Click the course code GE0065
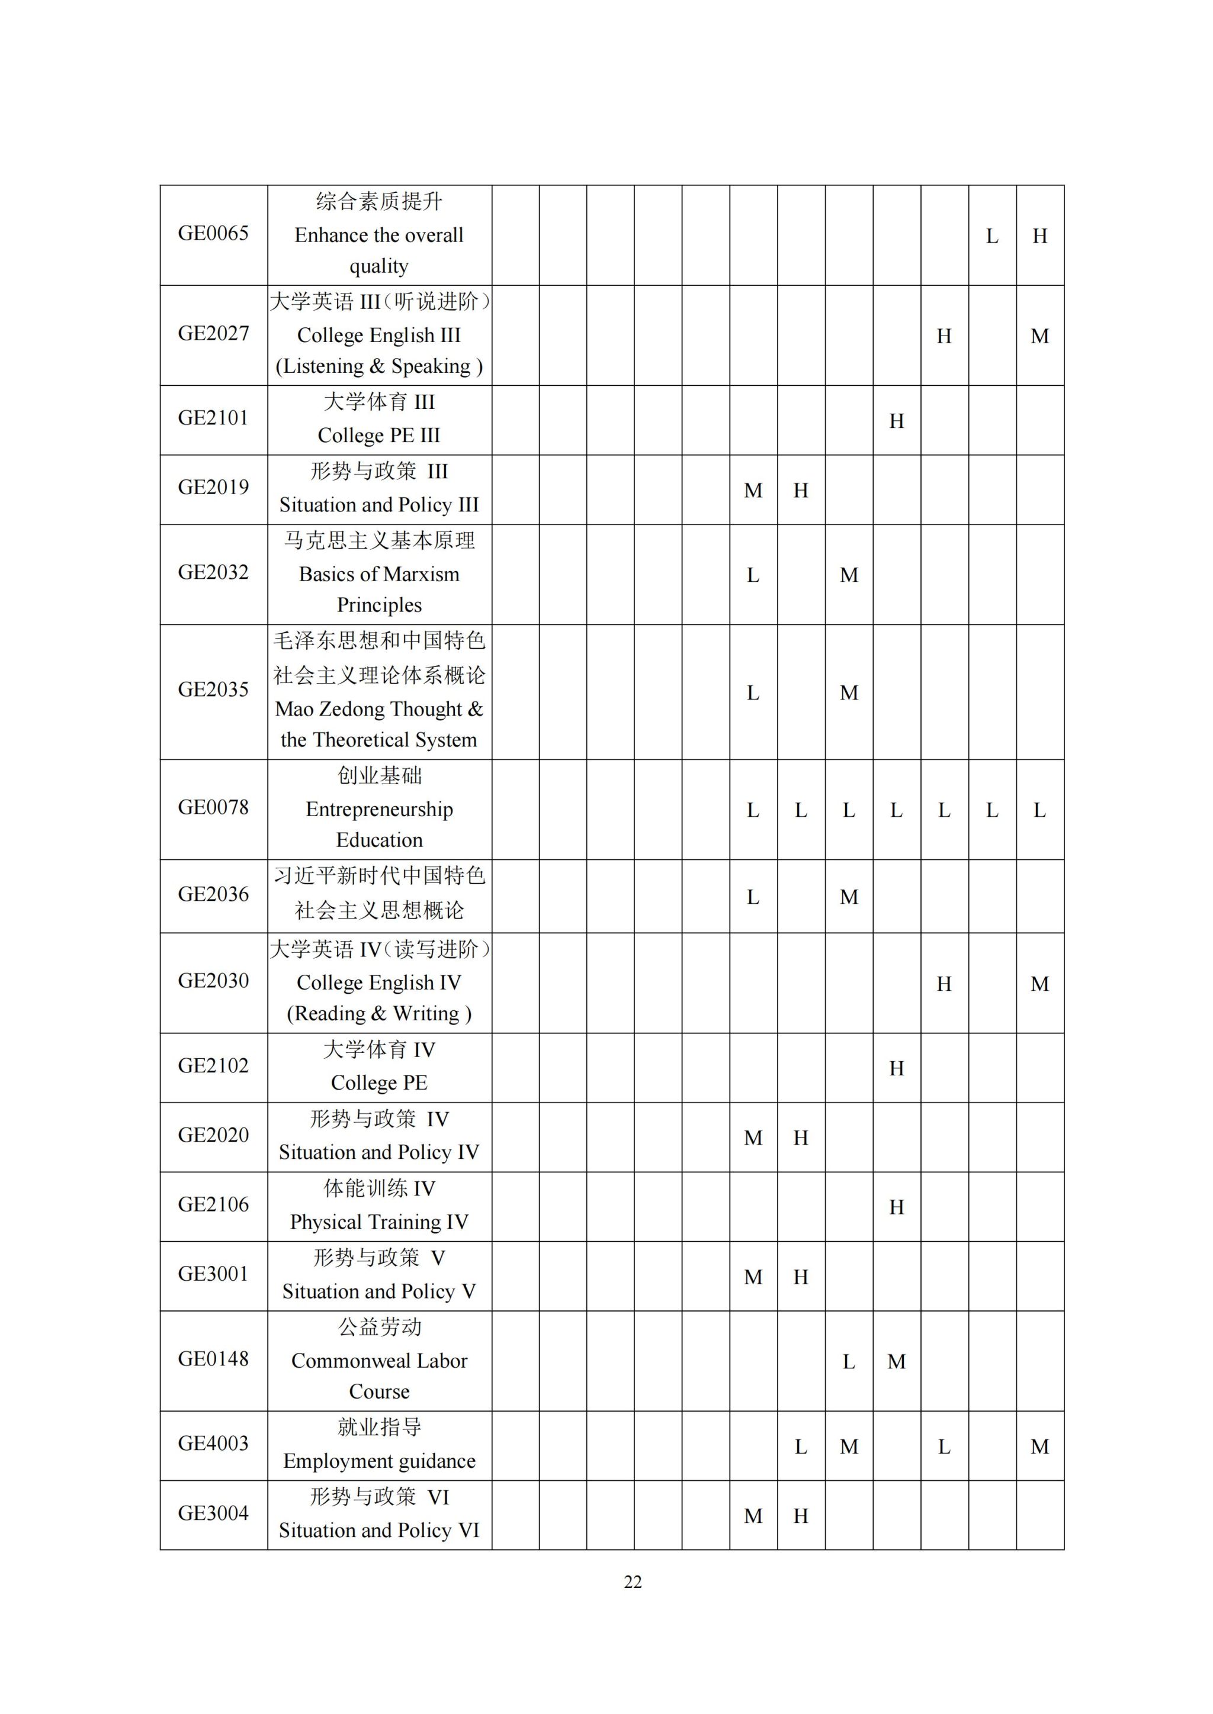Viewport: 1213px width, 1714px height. click(x=213, y=234)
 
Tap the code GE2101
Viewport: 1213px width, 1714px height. click(x=213, y=418)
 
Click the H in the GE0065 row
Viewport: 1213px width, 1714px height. click(x=1039, y=237)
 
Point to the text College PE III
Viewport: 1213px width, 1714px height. click(x=378, y=435)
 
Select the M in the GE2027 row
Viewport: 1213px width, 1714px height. click(x=1039, y=337)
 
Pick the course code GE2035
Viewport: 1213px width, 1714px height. click(x=213, y=690)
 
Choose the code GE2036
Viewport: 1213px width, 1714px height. click(x=213, y=894)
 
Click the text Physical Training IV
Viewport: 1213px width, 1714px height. click(x=378, y=1222)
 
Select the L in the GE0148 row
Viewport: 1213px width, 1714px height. click(x=849, y=1362)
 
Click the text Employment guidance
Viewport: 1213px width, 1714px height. click(x=378, y=1461)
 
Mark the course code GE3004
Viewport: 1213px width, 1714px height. click(x=213, y=1513)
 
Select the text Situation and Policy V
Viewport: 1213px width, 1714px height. click(x=378, y=1291)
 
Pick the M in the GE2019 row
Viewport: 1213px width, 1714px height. click(x=753, y=491)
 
